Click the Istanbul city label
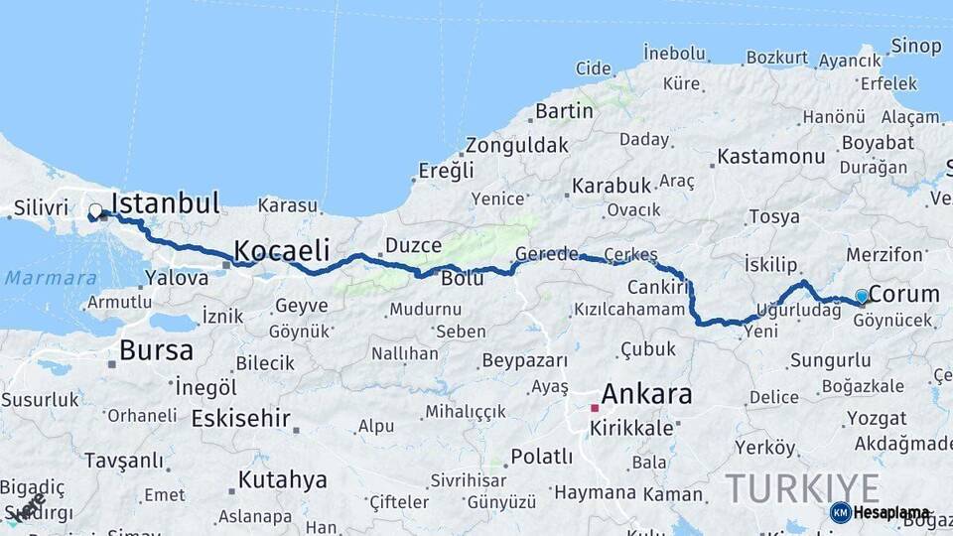coord(165,204)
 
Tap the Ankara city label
coord(646,394)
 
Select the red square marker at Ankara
coord(595,408)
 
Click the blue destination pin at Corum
coord(862,295)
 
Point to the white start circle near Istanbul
coord(95,210)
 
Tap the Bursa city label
coord(156,350)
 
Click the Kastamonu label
coord(770,157)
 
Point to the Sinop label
coord(915,46)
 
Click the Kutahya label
coord(282,480)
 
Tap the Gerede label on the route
coord(546,254)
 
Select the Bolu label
coord(463,278)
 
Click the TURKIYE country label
coord(802,488)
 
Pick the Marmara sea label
coord(51,279)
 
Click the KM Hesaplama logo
coord(881,512)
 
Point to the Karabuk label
coord(611,186)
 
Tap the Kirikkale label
coord(631,428)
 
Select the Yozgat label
coord(876,419)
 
